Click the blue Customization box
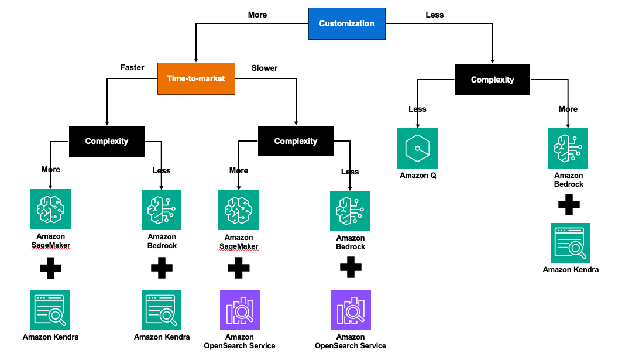347,23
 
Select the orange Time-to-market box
196,78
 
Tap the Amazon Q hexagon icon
417,149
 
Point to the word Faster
132,68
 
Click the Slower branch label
264,68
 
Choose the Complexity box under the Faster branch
106,142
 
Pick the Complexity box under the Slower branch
296,141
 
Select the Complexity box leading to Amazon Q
492,80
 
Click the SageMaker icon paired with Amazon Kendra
50,209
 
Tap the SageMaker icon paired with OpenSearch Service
238,210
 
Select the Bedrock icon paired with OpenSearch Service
350,211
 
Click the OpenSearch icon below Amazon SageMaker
240,310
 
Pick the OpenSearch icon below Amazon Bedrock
351,310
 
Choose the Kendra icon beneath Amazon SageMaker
50,310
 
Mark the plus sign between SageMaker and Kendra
50,268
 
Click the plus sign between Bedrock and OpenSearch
351,268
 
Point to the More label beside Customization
257,15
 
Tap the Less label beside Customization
434,15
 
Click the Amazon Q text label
418,175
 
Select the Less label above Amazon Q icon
417,109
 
